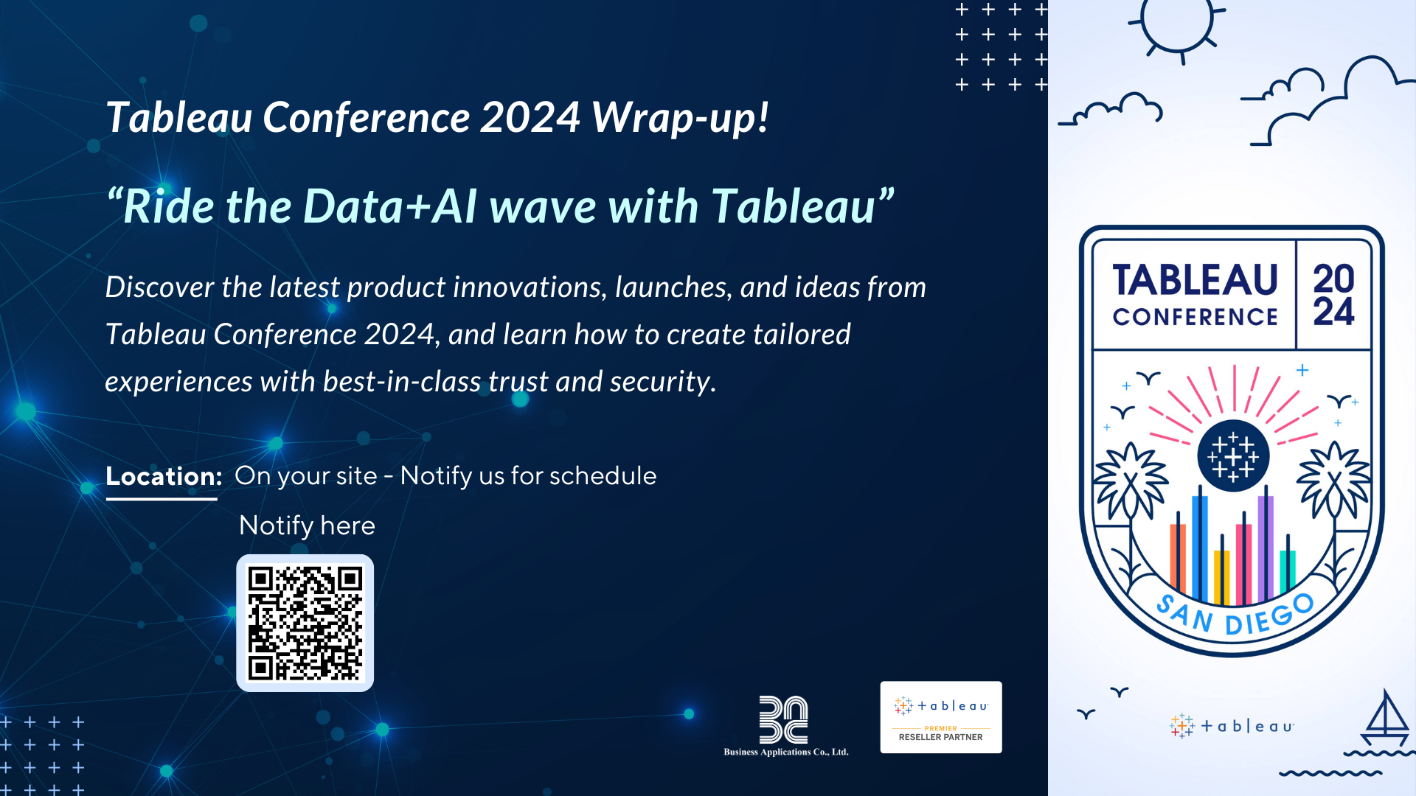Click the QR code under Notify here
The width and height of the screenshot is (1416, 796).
[305, 623]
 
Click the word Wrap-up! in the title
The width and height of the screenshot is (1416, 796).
[679, 118]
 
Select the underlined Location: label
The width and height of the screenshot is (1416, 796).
[163, 477]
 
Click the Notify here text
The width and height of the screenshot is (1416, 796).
[307, 526]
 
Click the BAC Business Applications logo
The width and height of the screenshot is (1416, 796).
[785, 725]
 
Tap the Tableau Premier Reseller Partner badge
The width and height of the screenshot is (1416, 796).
[940, 717]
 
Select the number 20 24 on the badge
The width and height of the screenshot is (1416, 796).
[1333, 296]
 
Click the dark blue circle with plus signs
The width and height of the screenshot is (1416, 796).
[1232, 455]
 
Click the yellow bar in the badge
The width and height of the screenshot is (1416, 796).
[1221, 575]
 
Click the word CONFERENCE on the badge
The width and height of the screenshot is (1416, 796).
[1195, 318]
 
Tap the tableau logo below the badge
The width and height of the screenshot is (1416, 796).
[1232, 726]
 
